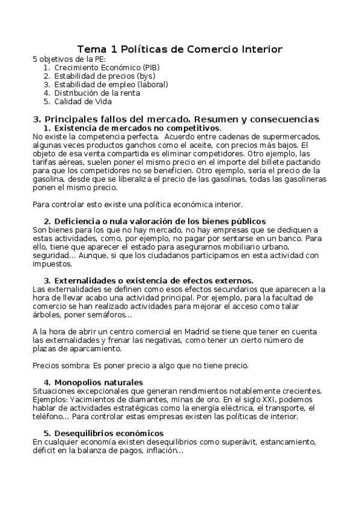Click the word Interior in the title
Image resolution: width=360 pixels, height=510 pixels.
pyautogui.click(x=257, y=49)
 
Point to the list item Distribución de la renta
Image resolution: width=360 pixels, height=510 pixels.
pyautogui.click(x=97, y=93)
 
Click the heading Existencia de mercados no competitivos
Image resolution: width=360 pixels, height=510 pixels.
pyautogui.click(x=137, y=129)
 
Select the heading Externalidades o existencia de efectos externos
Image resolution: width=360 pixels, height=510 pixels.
pyautogui.click(x=153, y=280)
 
